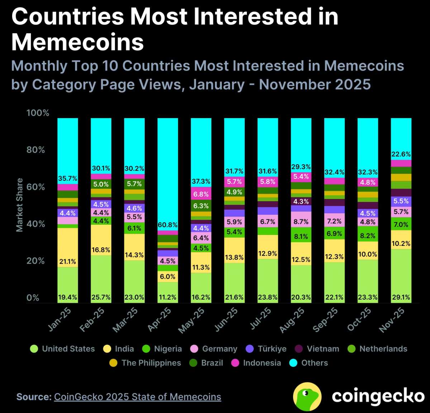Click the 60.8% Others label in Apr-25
pos(168,225)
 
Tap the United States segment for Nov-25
pos(401,276)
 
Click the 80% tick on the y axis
pos(36,150)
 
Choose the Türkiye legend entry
pos(266,349)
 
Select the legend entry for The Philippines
pos(145,363)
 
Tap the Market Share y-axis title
pos(19,205)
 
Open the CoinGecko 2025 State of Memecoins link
pos(138,397)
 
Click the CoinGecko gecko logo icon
pos(307,396)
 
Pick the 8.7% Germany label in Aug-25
pos(301,222)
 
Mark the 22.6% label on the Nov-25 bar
pos(401,154)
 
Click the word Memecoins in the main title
pos(78,42)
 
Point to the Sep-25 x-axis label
pos(325,319)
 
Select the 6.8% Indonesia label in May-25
pos(201,194)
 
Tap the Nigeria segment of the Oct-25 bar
pos(368,234)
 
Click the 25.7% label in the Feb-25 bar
pos(101,297)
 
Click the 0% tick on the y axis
pos(33,298)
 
